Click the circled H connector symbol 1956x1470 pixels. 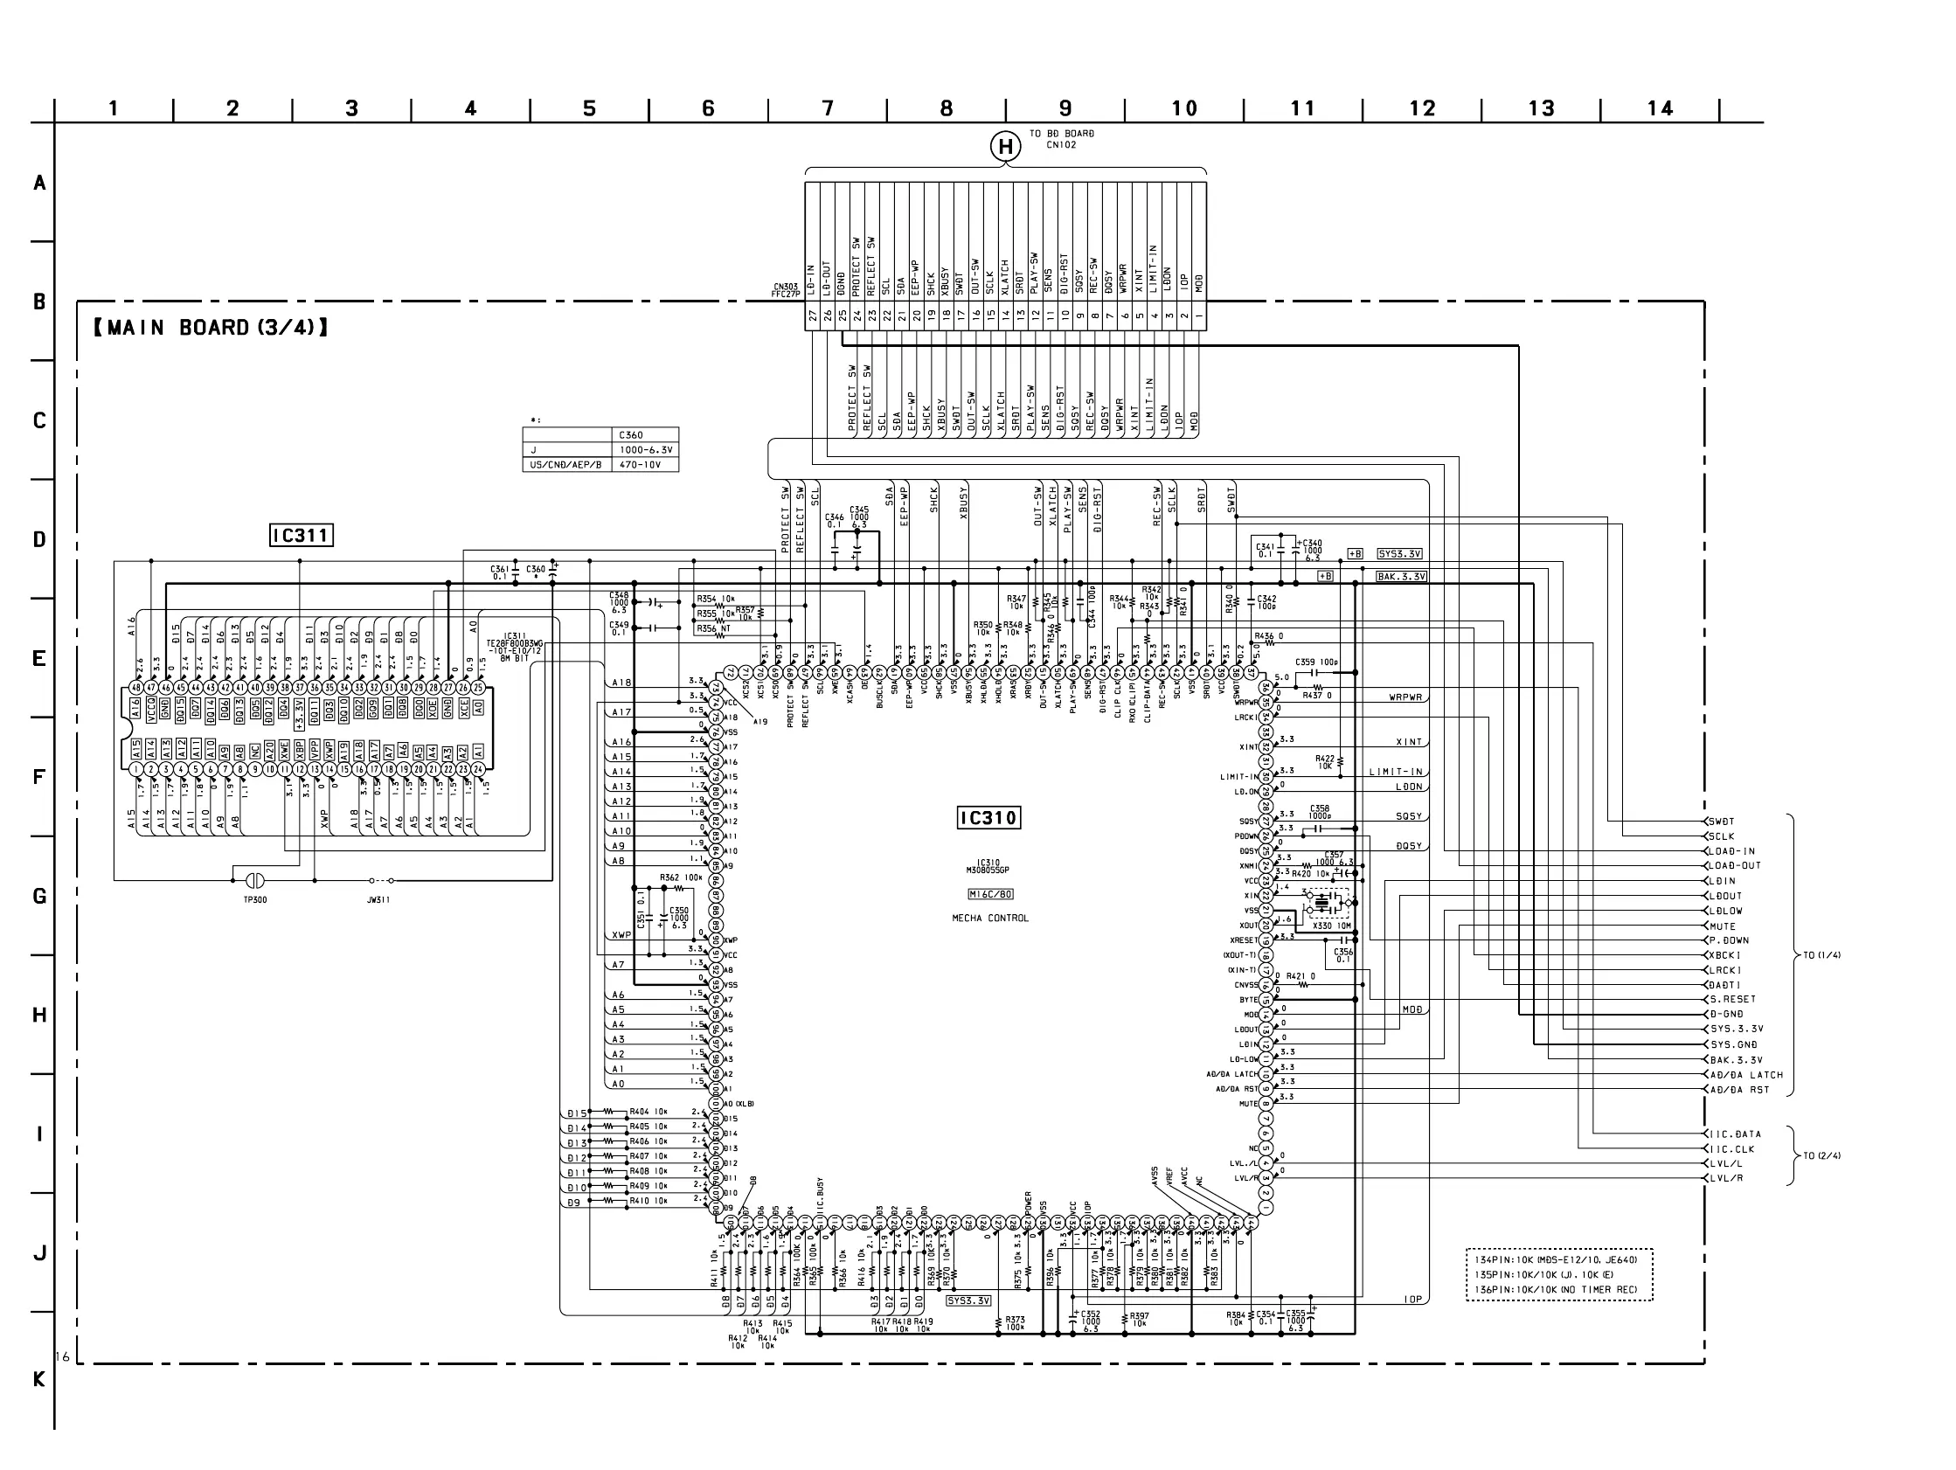point(1004,148)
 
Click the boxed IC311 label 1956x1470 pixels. point(301,535)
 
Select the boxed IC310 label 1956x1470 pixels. point(988,818)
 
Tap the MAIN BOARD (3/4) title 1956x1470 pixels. point(211,328)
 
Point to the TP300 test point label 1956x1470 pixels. point(254,899)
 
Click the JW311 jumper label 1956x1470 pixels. point(378,899)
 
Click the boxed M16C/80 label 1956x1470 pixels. point(989,894)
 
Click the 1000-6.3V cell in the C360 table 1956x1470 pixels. point(646,449)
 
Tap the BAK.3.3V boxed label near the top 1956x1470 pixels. point(1402,577)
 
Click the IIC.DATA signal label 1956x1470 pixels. point(1735,1134)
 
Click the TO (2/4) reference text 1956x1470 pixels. point(1822,1156)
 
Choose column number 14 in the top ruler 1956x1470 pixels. point(1660,108)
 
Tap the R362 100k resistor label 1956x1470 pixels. point(681,878)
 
